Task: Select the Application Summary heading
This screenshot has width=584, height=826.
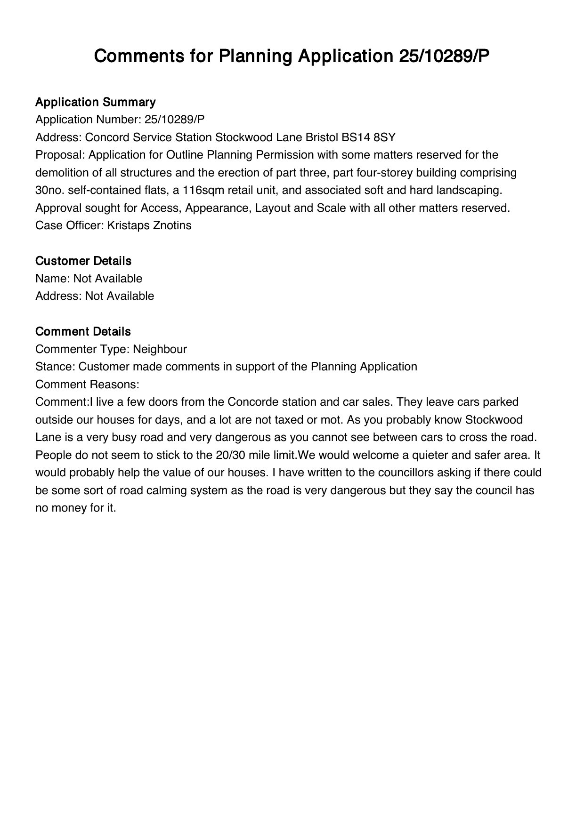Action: (x=96, y=102)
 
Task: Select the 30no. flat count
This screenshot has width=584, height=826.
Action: (x=50, y=190)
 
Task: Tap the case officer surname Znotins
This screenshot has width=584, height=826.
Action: (x=172, y=225)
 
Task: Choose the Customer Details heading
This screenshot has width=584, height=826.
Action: (x=83, y=261)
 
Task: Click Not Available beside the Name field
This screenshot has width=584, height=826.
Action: (x=108, y=279)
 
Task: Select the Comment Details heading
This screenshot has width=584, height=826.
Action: (x=83, y=331)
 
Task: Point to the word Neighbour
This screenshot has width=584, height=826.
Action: (x=160, y=349)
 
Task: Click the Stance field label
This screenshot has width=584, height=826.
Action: (x=55, y=367)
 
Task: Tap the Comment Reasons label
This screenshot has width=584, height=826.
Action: (x=87, y=385)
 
